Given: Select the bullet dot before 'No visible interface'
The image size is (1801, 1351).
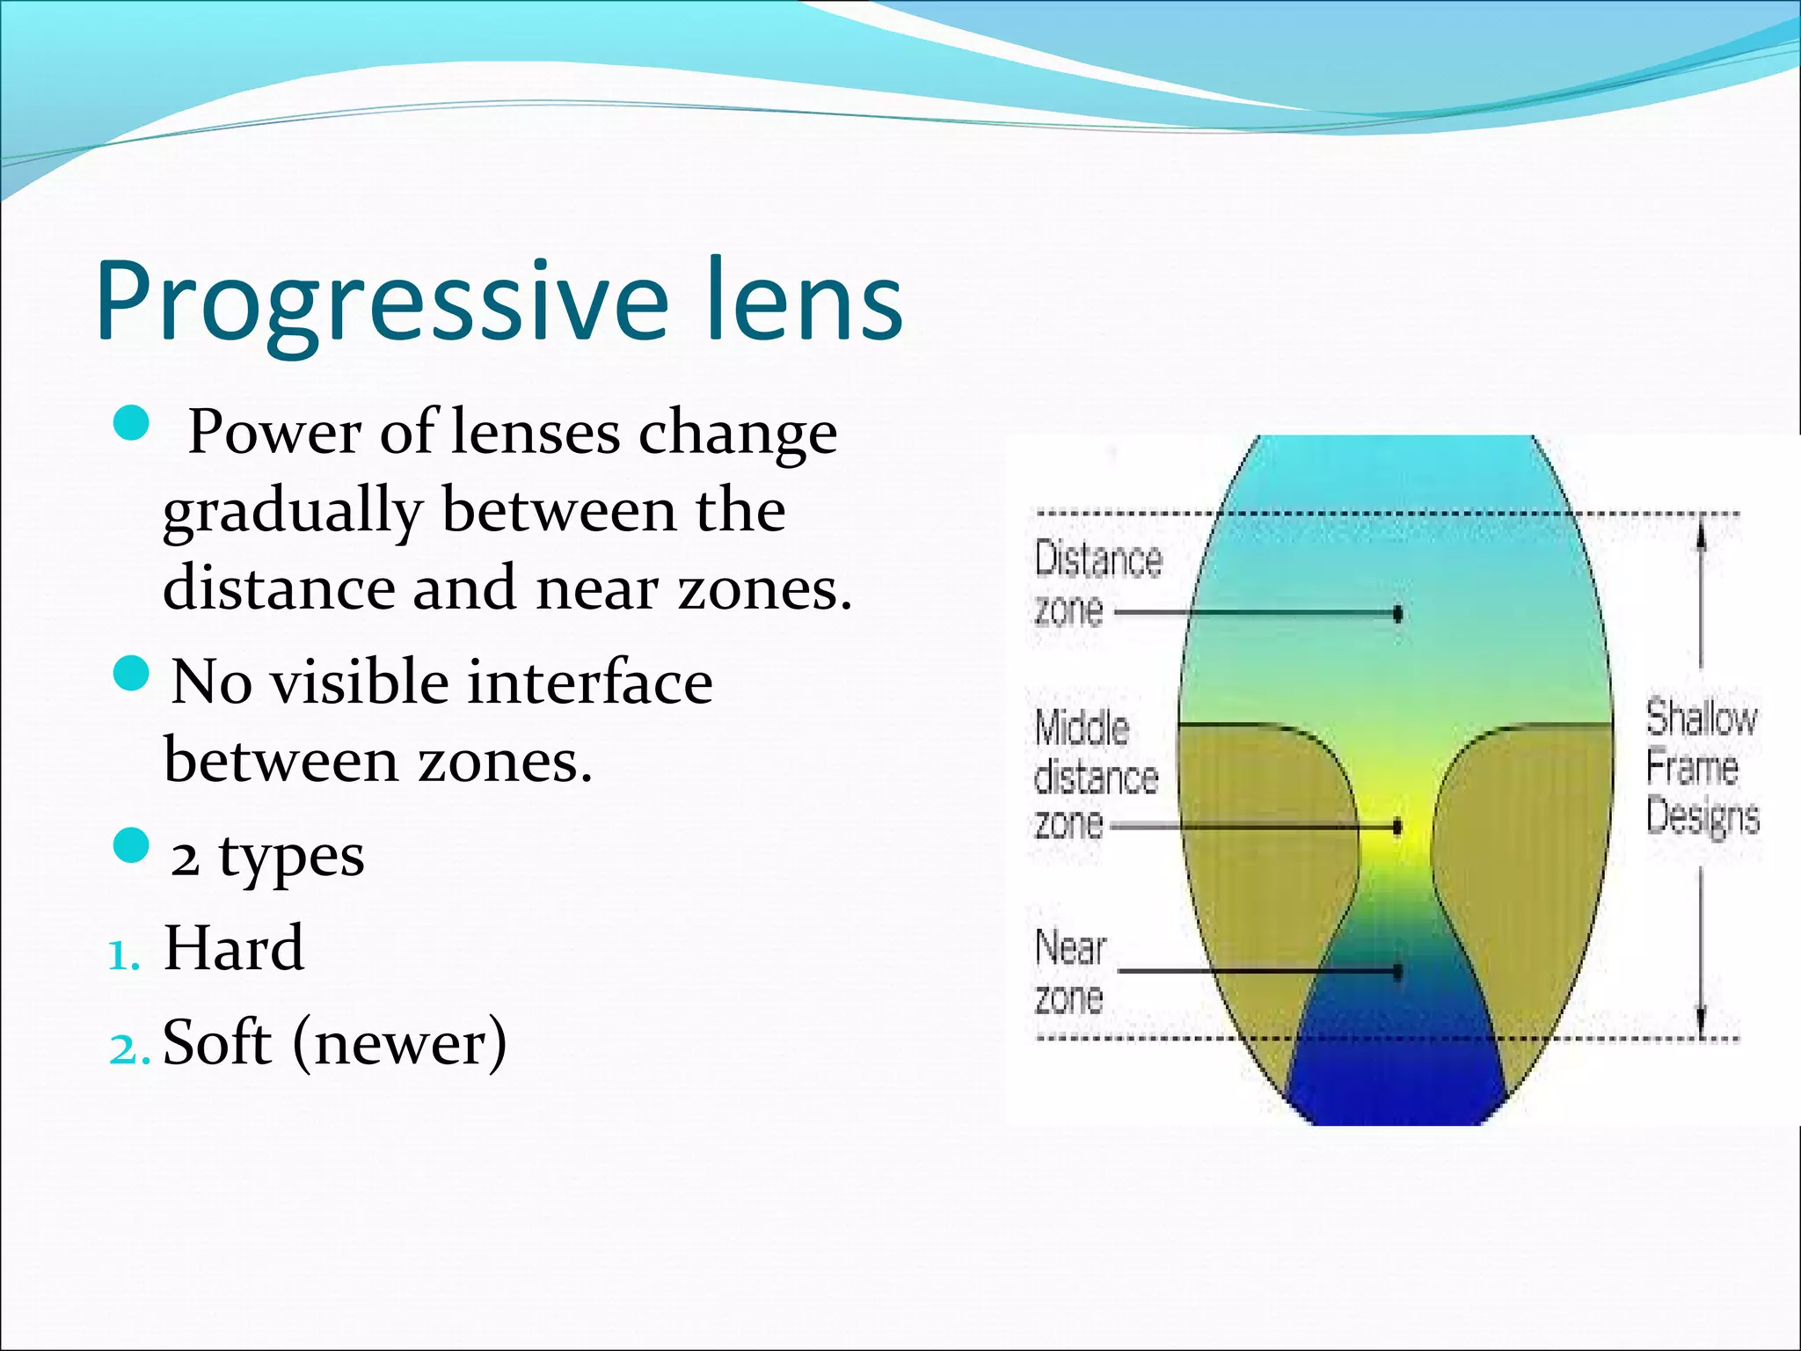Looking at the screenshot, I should tap(132, 674).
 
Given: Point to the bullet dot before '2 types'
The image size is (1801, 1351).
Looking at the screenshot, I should tap(132, 846).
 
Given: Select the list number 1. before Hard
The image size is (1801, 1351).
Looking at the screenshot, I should tap(124, 956).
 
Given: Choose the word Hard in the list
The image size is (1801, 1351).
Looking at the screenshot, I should tap(234, 948).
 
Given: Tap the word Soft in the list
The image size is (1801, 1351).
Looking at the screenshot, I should tap(217, 1042).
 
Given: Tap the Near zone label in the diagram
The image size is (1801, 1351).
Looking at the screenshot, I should tap(1070, 972).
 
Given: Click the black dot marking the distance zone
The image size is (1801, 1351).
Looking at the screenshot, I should tap(1397, 614).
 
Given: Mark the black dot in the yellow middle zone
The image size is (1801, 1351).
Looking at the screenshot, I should tap(1397, 828).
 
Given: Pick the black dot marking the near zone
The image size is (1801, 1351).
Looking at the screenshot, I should tap(1397, 971).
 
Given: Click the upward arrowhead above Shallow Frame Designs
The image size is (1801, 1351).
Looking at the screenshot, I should tap(1701, 530).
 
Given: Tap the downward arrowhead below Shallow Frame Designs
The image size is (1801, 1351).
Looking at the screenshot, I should tap(1701, 1023).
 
